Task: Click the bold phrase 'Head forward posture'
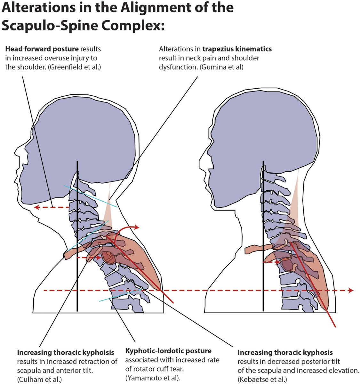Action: [x=42, y=49]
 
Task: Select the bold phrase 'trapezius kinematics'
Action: [x=237, y=49]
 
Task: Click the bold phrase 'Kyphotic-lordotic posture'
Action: [x=168, y=351]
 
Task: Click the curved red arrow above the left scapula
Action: [x=126, y=229]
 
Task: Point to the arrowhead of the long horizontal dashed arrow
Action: [x=351, y=290]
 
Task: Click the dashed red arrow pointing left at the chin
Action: [x=51, y=207]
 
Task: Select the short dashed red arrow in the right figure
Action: [x=271, y=262]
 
